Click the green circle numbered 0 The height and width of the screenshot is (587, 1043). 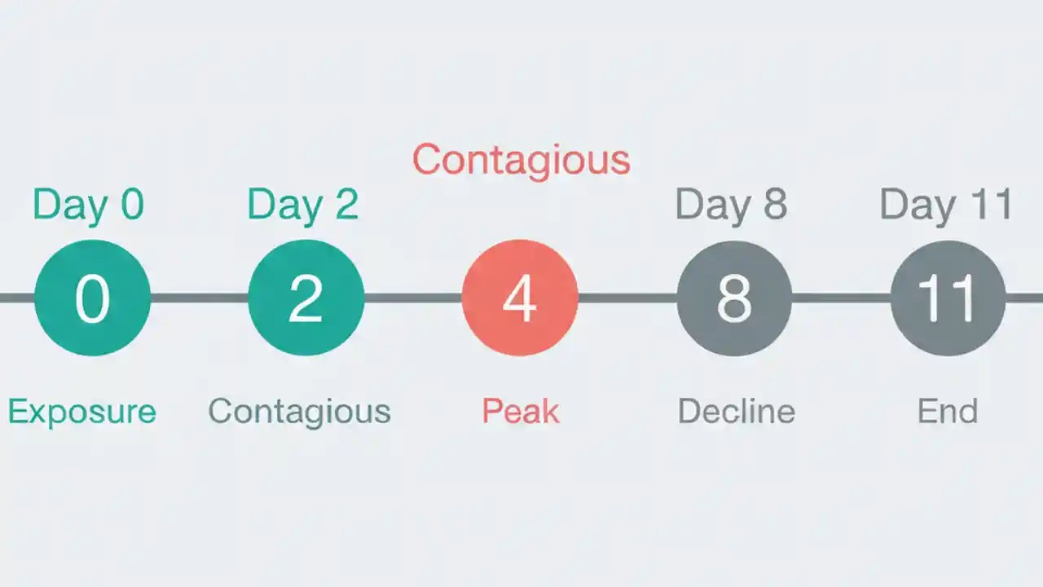92,298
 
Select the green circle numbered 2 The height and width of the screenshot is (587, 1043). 306,298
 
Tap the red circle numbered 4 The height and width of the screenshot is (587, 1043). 520,298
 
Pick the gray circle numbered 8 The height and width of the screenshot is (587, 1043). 734,298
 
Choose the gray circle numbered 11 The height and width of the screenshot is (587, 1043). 948,298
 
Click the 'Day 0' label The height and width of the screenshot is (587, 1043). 88,205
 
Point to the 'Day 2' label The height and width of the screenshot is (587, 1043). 302,205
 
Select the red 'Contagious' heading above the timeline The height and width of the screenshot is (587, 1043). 521,160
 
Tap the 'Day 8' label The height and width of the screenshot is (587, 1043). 731,205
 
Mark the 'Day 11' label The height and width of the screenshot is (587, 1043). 945,205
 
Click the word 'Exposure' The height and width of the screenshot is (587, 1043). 81,411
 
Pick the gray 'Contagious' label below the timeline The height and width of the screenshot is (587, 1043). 299,411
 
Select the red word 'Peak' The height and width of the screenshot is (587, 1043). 520,411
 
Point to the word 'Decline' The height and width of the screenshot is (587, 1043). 736,411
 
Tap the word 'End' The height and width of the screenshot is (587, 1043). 947,411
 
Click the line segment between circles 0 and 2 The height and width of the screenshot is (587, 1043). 199,298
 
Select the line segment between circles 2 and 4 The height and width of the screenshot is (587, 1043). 412,298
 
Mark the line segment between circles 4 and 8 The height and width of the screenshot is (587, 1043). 627,298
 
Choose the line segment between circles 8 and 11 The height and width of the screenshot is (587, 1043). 841,298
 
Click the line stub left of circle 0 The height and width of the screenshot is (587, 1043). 16,298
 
